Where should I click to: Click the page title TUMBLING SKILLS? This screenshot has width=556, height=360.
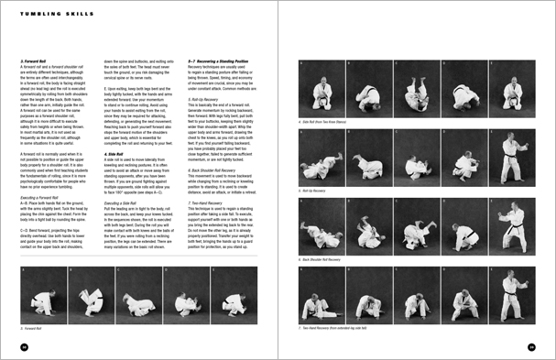tap(45, 15)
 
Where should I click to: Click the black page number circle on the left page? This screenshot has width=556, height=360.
tap(24, 346)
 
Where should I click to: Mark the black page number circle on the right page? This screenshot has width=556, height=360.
tap(532, 346)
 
